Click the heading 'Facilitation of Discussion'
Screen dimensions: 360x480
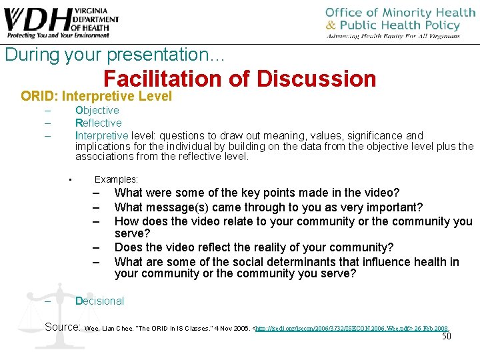tap(240, 79)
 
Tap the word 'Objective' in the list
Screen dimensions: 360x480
tap(97, 110)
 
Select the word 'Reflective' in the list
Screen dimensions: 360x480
tap(99, 123)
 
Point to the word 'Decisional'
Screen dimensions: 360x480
tap(99, 301)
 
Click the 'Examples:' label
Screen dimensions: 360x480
tap(116, 179)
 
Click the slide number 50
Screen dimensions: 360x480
tap(447, 336)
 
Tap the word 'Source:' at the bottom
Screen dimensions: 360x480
tap(63, 327)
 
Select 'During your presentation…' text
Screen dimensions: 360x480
tap(115, 55)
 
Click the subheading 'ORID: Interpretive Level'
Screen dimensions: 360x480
tap(96, 96)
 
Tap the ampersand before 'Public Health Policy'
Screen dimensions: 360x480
tap(331, 25)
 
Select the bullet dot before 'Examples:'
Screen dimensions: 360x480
tap(70, 179)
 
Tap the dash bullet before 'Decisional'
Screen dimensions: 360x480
tap(47, 301)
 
